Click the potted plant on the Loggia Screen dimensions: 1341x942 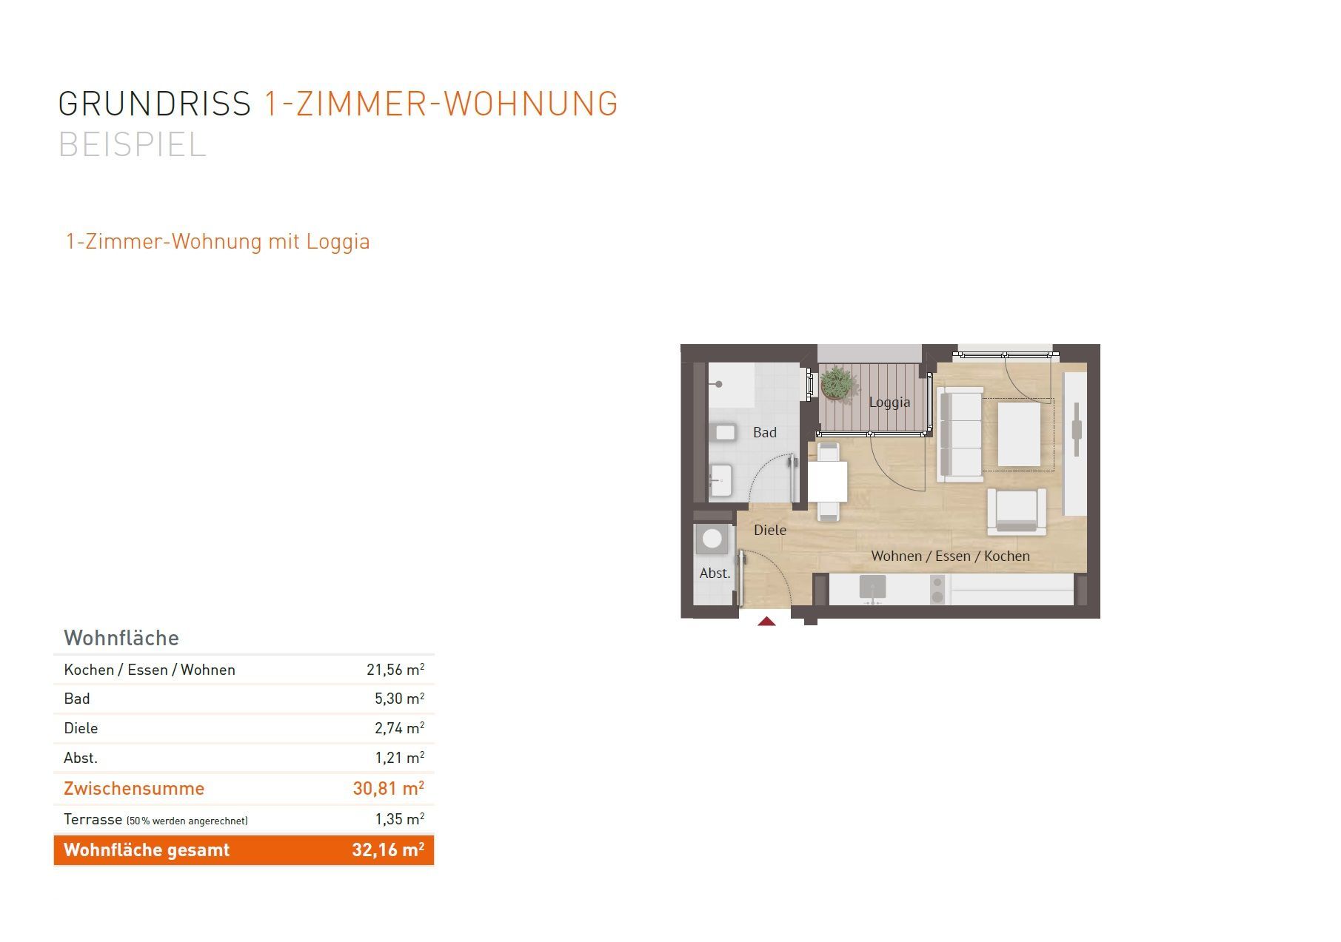[837, 384]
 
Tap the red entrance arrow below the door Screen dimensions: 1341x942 [766, 622]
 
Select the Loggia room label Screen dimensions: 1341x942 [889, 403]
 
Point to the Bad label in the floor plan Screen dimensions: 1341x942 [765, 432]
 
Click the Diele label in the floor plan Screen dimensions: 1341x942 [770, 530]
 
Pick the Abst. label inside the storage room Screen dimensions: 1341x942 [715, 573]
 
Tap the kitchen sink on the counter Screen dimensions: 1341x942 [873, 588]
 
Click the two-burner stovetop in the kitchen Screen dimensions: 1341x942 [937, 588]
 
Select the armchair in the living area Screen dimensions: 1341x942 [1016, 511]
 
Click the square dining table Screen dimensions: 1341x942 [828, 481]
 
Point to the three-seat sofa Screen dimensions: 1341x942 [960, 434]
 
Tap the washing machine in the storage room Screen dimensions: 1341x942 [712, 539]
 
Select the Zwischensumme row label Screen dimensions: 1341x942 [134, 788]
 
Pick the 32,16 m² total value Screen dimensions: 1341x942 [388, 850]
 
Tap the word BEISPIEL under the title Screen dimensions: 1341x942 [132, 144]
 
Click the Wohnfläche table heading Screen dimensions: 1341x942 [121, 638]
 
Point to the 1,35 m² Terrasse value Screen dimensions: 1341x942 [400, 819]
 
